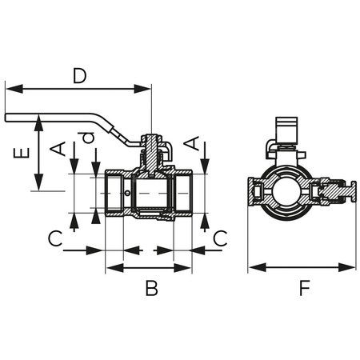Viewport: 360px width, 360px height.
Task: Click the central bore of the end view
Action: tap(283, 194)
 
